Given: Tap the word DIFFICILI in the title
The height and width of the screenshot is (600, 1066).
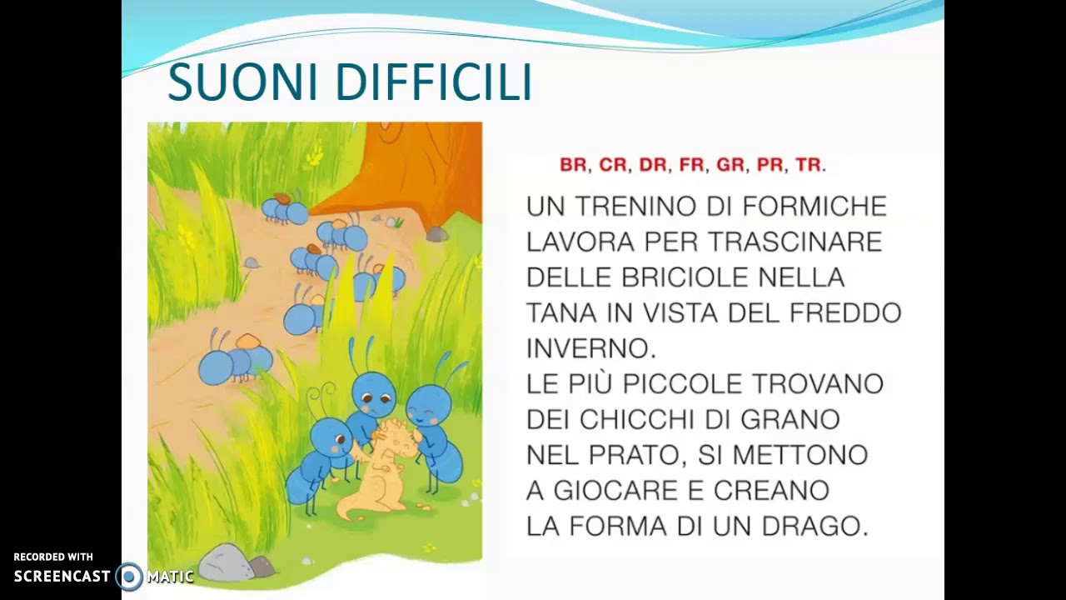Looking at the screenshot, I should pos(433,82).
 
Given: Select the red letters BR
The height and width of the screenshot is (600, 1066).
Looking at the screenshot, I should pos(573,165).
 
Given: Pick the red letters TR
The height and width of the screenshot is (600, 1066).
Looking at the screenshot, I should pos(809,165).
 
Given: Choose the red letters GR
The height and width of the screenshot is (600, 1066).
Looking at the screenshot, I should pos(730,165).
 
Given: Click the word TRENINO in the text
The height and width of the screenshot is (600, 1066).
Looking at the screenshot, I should pos(635,206).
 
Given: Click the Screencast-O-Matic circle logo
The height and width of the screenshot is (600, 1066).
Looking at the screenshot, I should pos(129,576).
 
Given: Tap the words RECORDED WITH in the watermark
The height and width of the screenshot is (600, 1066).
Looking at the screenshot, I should pos(53,557).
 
